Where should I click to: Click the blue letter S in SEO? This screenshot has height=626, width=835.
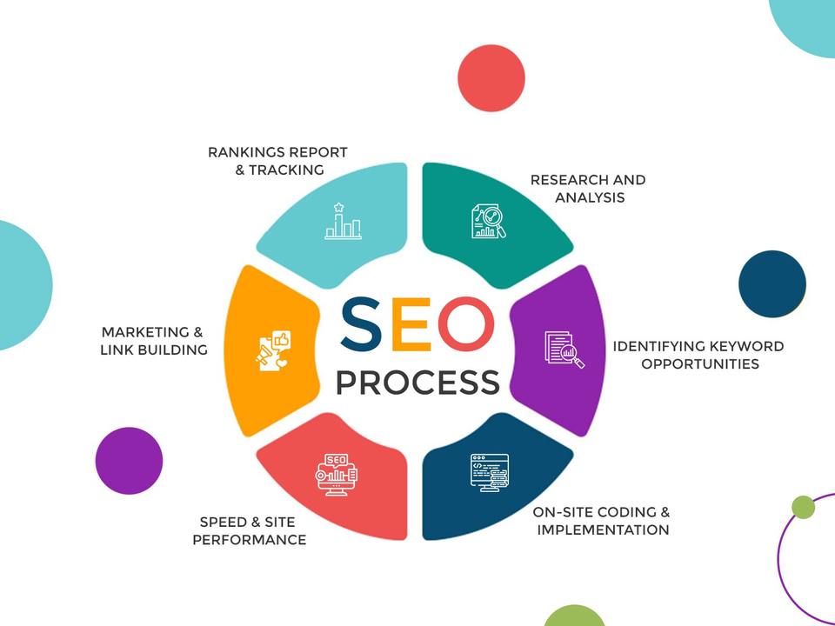coord(360,323)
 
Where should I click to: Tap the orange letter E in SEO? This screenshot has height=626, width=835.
coord(411,323)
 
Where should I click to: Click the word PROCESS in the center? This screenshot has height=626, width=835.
coord(417,382)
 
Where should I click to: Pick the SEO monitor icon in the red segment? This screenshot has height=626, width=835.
coord(337,473)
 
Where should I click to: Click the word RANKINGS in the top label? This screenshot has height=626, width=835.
coord(240,152)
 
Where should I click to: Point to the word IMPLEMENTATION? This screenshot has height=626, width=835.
coord(603,529)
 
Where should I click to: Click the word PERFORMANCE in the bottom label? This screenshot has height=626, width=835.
coord(249,540)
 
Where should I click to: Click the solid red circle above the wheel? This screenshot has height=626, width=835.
coord(491,78)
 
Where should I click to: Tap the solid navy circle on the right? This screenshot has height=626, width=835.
coord(772,284)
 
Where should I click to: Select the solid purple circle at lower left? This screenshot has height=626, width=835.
coord(129,461)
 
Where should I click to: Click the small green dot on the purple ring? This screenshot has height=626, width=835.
coord(803,507)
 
